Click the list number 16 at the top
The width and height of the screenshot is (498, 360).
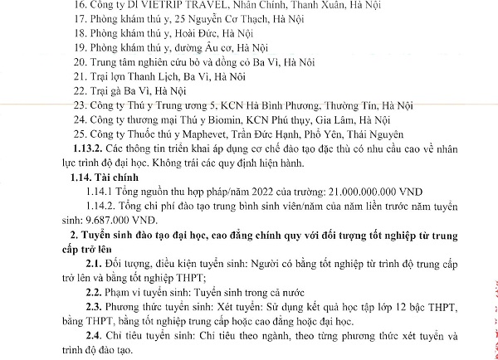point(80,5)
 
